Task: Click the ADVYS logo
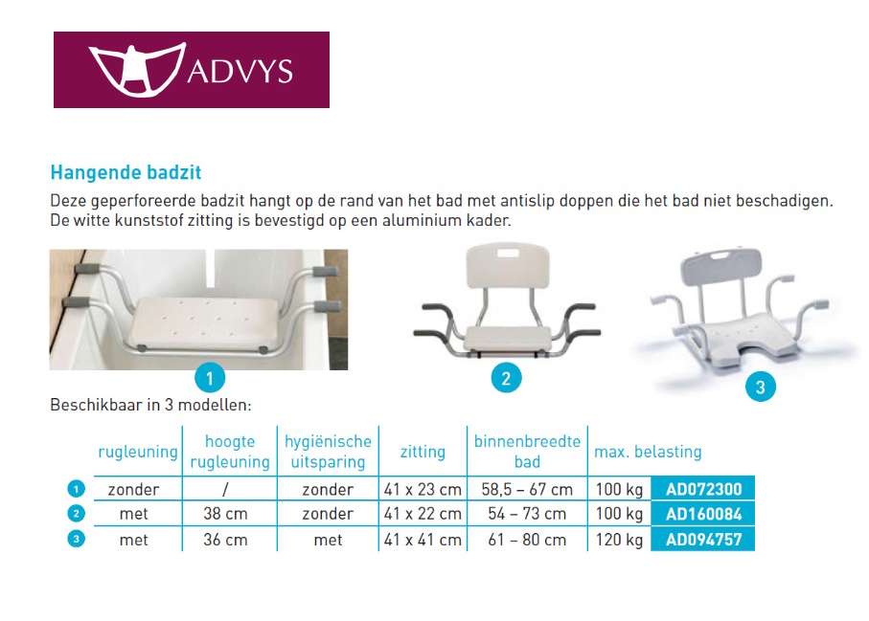pyautogui.click(x=191, y=70)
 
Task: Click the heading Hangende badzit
pyautogui.click(x=126, y=173)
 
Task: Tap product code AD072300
pyautogui.click(x=703, y=489)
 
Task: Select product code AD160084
pyautogui.click(x=703, y=514)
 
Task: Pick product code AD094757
pyautogui.click(x=703, y=540)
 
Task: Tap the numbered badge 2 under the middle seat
pyautogui.click(x=506, y=378)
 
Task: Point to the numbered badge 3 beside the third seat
pyautogui.click(x=760, y=388)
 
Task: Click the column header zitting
pyautogui.click(x=423, y=452)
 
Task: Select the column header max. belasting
pyautogui.click(x=648, y=452)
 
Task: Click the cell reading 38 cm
pyautogui.click(x=225, y=515)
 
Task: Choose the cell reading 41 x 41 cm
pyautogui.click(x=423, y=541)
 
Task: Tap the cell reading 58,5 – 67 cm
pyautogui.click(x=527, y=490)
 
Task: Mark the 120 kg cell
pyautogui.click(x=619, y=541)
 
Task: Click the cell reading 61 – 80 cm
pyautogui.click(x=527, y=541)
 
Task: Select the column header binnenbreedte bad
pyautogui.click(x=527, y=452)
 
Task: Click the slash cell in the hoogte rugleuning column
pyautogui.click(x=225, y=490)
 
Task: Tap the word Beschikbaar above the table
pyautogui.click(x=95, y=405)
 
